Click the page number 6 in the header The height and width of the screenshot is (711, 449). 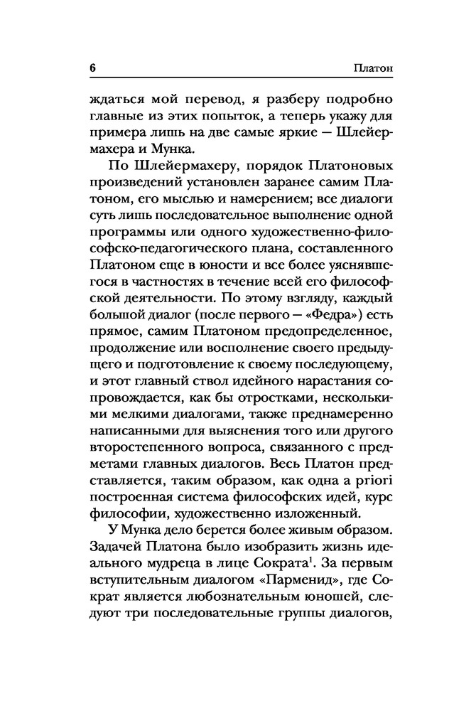(x=92, y=69)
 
